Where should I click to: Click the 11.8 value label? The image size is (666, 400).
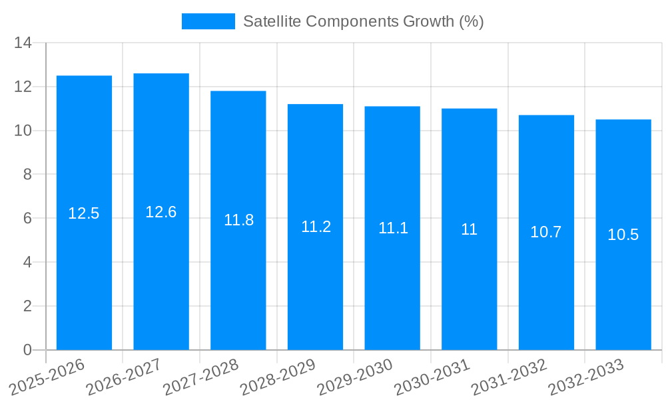[x=238, y=220]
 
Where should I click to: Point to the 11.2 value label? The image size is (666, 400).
[x=316, y=227]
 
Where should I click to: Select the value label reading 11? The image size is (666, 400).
[x=470, y=229]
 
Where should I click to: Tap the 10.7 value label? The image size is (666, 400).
[x=546, y=232]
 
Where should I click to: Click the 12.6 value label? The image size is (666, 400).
[x=161, y=212]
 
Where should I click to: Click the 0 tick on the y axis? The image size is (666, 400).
[x=27, y=350]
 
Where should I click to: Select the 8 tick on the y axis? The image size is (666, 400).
[x=27, y=175]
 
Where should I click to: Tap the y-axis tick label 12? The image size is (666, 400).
[x=23, y=87]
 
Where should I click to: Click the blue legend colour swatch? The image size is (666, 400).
[x=208, y=21]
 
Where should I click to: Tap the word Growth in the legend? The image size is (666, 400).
[x=430, y=21]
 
